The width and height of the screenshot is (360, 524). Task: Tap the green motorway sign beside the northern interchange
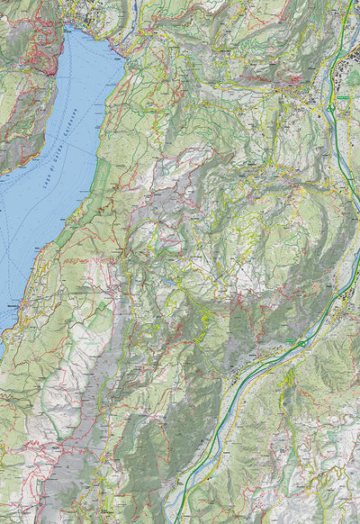click(342, 97)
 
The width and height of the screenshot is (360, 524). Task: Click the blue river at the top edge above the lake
click(130, 7)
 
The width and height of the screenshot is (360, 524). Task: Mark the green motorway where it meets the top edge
click(350, 3)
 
